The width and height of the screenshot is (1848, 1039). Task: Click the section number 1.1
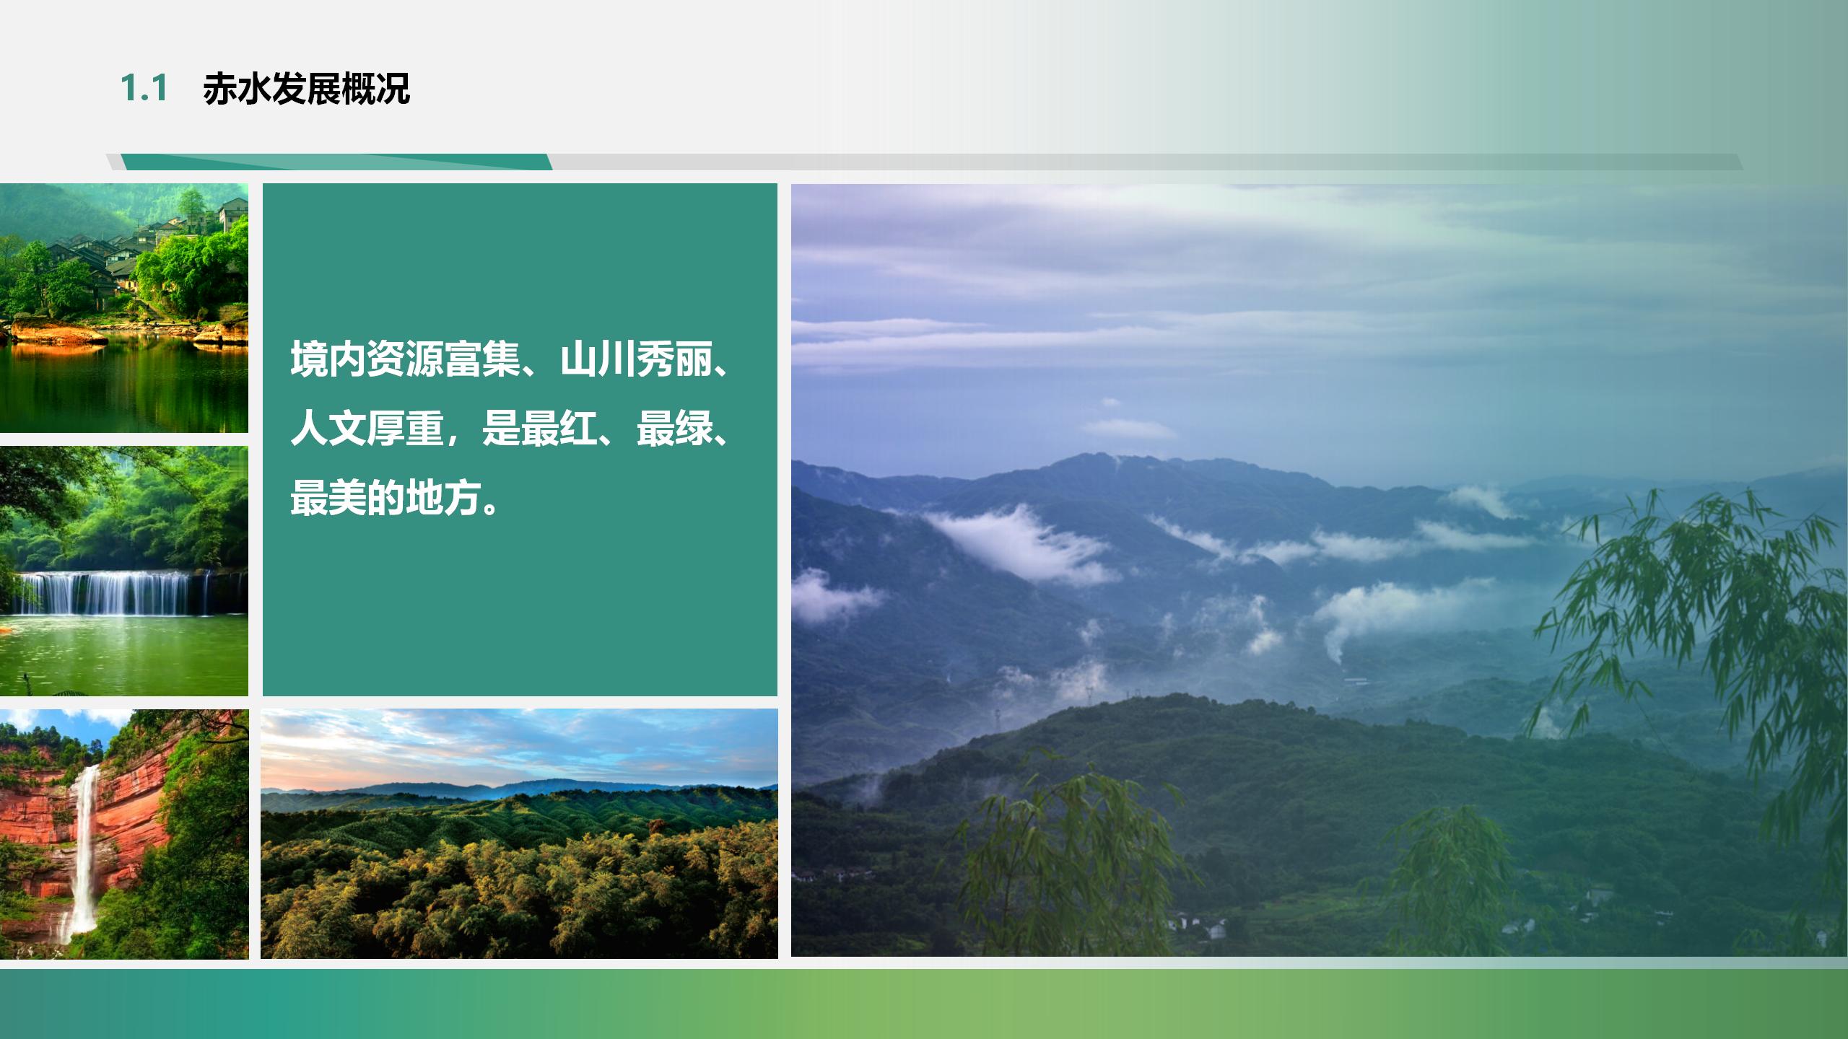coord(144,89)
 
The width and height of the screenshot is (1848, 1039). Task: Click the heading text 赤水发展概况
coord(306,89)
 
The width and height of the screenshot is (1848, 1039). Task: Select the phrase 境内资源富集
coord(405,359)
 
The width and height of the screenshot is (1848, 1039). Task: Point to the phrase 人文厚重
coord(367,429)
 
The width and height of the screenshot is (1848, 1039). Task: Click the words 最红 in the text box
coord(559,429)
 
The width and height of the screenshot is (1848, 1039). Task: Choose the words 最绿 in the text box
coord(674,429)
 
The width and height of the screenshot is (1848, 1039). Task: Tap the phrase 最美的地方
coord(385,499)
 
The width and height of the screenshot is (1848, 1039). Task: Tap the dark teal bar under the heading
coord(336,162)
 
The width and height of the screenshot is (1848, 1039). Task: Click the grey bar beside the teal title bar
coord(1147,162)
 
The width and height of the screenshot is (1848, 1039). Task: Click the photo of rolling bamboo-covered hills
coord(519,833)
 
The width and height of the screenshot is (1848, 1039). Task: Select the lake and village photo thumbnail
coord(124,308)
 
